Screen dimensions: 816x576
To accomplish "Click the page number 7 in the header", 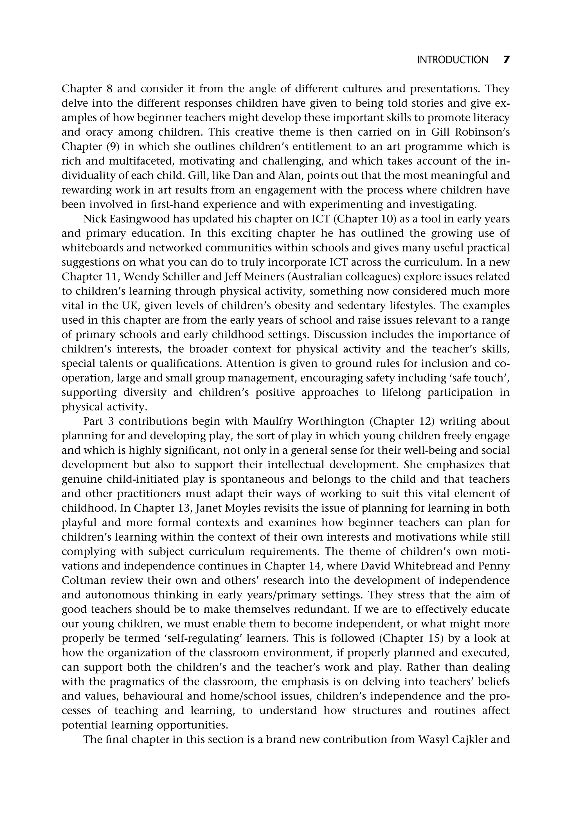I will pyautogui.click(x=507, y=60).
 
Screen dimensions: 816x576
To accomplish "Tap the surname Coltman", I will pyautogui.click(x=84, y=581).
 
